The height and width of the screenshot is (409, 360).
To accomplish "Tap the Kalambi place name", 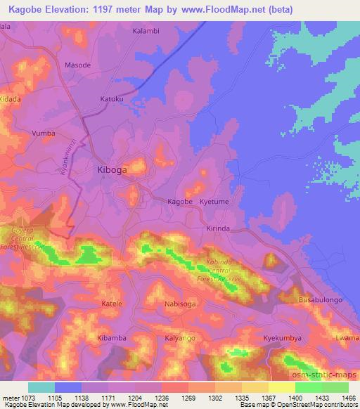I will [x=146, y=32].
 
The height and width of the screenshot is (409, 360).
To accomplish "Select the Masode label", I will [x=77, y=65].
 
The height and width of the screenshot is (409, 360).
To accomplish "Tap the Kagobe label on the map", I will [x=179, y=202].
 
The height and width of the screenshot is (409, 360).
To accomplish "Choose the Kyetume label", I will [x=215, y=202].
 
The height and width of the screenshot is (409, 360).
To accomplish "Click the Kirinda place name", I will [x=218, y=229].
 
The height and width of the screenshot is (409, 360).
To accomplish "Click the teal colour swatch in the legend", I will [x=41, y=387].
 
